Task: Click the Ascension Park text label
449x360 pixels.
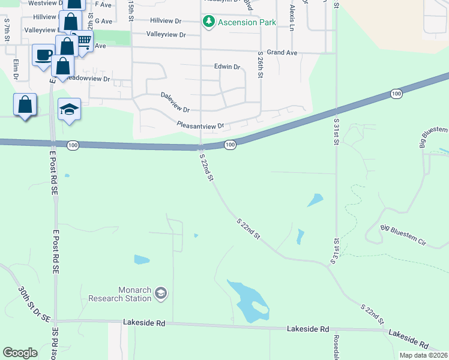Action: [x=246, y=22]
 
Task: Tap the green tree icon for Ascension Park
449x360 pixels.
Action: [x=209, y=22]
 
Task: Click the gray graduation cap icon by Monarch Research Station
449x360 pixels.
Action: [x=161, y=293]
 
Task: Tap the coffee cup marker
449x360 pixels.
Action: [x=43, y=55]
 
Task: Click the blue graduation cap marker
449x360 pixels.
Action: [x=69, y=109]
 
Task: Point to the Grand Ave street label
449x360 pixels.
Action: [x=282, y=53]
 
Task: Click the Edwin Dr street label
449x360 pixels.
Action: [x=227, y=67]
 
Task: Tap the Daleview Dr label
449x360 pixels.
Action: [x=175, y=103]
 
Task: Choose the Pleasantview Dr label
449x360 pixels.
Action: [x=200, y=125]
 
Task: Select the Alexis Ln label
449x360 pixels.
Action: [x=292, y=18]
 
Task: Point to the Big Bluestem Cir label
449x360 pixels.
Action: [x=403, y=236]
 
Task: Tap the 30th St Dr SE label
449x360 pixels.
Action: [x=33, y=304]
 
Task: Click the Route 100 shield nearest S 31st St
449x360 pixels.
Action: [x=395, y=94]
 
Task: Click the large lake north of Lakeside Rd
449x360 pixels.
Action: [x=249, y=300]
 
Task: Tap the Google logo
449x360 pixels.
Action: [x=20, y=353]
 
